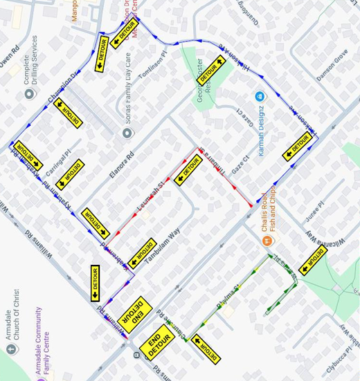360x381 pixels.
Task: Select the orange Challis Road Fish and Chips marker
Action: tap(267, 241)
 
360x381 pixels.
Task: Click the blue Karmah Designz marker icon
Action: tap(260, 96)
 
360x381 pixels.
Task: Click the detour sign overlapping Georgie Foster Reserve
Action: tap(211, 70)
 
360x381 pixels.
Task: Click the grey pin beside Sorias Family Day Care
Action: tap(127, 133)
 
